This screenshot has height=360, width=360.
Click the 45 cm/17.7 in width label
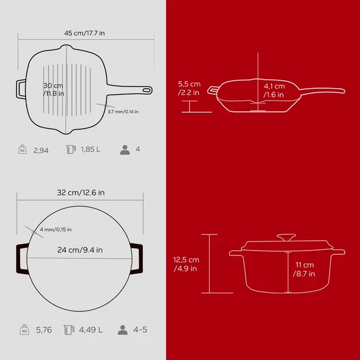(85, 33)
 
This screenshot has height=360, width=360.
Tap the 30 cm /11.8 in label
(54, 89)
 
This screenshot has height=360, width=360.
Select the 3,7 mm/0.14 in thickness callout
(123, 111)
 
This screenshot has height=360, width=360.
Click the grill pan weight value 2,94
(41, 150)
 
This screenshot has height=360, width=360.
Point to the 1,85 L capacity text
(91, 150)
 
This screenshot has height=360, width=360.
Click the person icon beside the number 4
(125, 150)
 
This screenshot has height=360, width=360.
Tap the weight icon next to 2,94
(22, 149)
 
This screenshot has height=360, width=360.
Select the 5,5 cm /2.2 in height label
(189, 88)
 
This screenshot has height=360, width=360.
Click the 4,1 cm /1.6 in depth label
(274, 90)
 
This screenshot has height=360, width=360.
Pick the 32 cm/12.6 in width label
(81, 192)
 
